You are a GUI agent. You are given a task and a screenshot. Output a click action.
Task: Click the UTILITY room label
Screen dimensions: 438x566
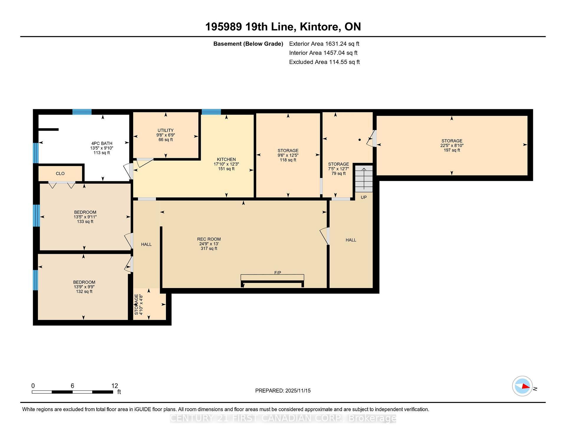coord(165,130)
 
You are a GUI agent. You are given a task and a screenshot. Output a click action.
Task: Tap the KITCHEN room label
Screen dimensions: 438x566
coord(226,160)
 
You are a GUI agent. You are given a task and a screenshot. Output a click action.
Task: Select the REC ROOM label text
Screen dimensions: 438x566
coord(209,239)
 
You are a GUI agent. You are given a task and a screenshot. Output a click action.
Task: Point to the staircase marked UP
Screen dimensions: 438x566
coord(364,179)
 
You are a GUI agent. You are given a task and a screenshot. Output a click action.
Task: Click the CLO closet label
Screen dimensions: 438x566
coord(60,174)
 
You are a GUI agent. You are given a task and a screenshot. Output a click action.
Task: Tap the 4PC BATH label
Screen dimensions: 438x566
coord(102,143)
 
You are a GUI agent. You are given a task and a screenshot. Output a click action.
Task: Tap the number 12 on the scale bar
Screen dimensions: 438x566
coord(115,386)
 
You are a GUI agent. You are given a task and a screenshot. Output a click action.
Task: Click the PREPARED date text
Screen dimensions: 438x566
coord(283,391)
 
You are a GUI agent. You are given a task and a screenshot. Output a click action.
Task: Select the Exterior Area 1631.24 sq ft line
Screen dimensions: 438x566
coord(324,44)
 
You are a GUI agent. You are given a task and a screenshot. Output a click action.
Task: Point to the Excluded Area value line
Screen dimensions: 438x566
coord(324,62)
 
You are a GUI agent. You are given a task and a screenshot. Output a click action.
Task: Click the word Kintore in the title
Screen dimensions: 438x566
coord(319,27)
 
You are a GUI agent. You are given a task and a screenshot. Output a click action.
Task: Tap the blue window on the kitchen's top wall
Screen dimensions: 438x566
coord(211,112)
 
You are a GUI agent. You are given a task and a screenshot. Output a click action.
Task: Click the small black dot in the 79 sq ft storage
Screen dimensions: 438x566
coord(359,140)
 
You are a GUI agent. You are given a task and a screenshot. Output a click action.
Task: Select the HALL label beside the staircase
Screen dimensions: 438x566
coord(351,240)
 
